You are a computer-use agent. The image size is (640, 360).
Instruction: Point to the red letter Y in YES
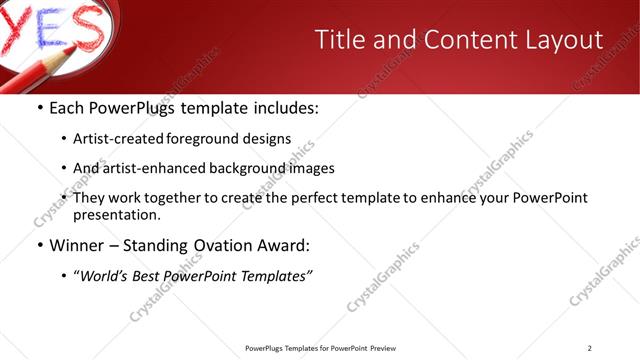(x=17, y=27)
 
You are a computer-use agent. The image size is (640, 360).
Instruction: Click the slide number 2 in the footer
(x=589, y=348)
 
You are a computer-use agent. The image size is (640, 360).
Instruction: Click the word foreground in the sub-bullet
(x=210, y=139)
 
